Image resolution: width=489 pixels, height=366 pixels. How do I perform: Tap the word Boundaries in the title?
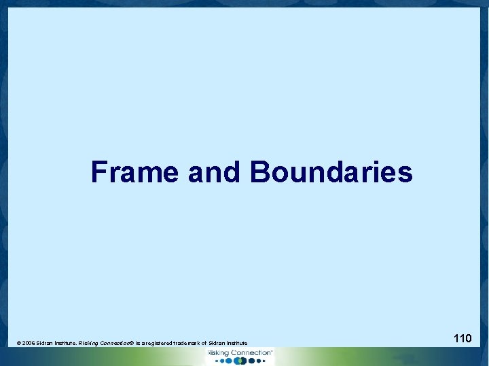(331, 172)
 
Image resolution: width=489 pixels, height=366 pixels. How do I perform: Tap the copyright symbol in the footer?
(18, 344)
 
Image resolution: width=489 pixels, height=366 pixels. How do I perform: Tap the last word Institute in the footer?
(237, 344)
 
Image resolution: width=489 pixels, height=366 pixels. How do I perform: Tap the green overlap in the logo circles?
(238, 361)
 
